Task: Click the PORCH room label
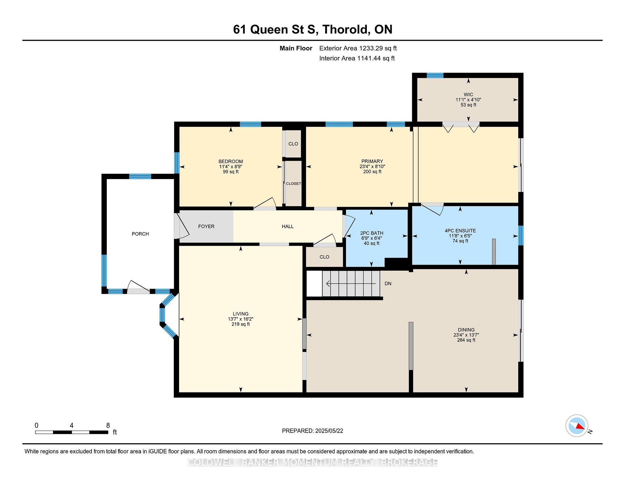point(140,234)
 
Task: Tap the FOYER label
point(206,226)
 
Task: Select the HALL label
point(288,226)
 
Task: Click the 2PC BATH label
point(372,233)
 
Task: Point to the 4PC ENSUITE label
point(460,230)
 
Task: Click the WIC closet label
point(468,95)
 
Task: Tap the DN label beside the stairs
point(388,283)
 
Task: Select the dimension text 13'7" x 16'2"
point(241,319)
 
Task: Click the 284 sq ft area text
point(466,340)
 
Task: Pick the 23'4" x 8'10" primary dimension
point(372,166)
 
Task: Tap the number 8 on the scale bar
point(108,425)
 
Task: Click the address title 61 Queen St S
point(274,30)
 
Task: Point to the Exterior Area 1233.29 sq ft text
point(358,48)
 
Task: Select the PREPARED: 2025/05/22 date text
point(312,431)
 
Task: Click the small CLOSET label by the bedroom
point(294,184)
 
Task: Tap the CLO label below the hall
point(325,257)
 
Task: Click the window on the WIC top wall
point(435,75)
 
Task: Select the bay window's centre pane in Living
point(162,315)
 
